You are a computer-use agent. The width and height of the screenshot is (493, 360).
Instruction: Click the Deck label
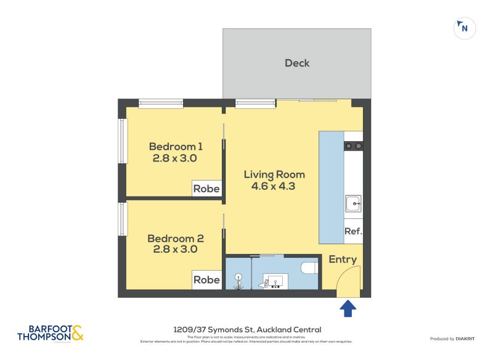(297, 63)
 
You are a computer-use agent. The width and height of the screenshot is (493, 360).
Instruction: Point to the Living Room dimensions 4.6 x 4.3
(274, 186)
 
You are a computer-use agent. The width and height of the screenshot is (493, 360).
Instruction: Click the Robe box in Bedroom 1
(206, 189)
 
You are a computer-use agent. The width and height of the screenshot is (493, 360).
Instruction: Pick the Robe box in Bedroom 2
(206, 280)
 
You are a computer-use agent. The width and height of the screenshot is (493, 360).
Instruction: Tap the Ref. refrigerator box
(353, 232)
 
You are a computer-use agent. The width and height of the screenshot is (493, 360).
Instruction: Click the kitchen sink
(353, 202)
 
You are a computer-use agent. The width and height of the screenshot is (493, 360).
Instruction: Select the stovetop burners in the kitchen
(353, 146)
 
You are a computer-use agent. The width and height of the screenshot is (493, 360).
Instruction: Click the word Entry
(343, 260)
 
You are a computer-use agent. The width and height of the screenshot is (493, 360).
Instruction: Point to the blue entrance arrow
(348, 308)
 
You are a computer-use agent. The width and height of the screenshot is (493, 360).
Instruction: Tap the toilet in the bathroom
(310, 268)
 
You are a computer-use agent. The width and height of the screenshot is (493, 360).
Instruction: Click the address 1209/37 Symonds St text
(246, 330)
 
